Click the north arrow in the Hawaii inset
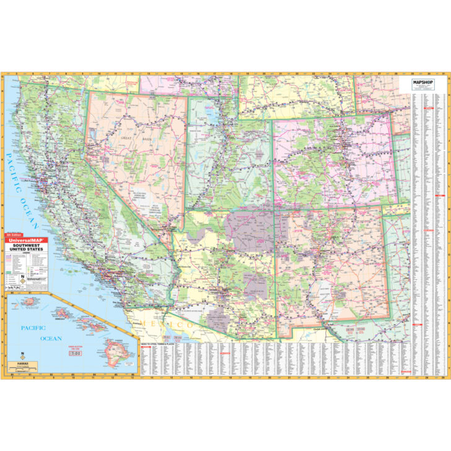click(22, 356)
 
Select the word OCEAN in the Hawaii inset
click(51, 338)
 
